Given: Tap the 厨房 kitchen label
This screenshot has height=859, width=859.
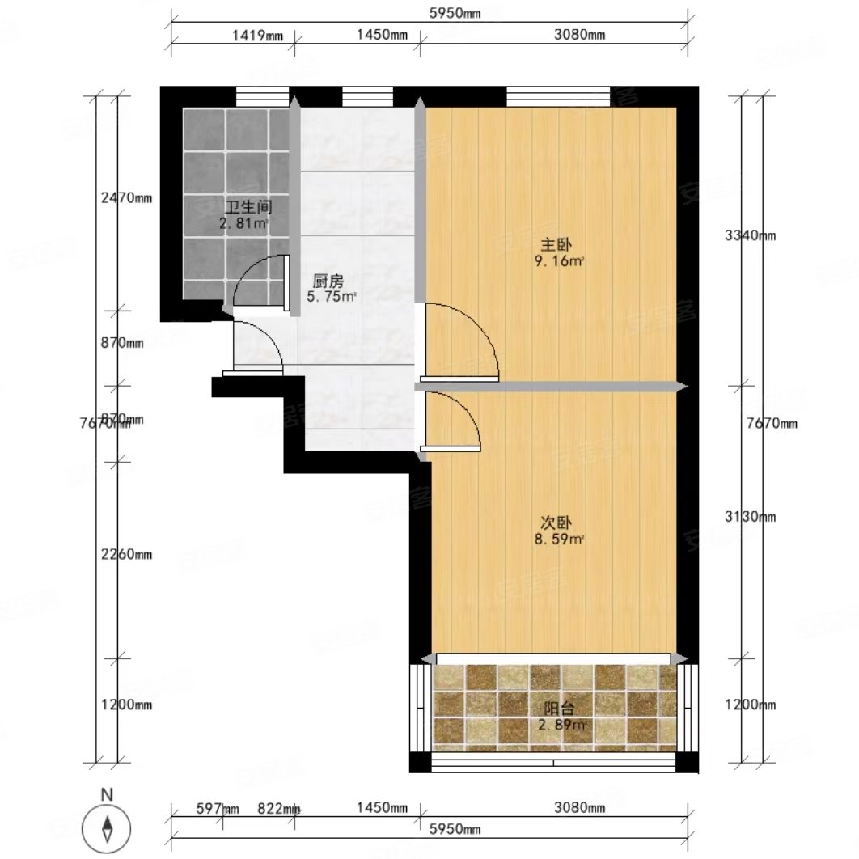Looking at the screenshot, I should tap(328, 281).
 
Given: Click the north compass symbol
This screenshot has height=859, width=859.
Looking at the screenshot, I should tap(107, 827).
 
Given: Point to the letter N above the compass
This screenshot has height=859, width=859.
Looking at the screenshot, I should tap(106, 796).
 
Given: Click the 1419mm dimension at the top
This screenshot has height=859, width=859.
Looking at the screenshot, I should tap(258, 34).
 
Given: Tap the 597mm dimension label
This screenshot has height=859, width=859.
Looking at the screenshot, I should tap(218, 808).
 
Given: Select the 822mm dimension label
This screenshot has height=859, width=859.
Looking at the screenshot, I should tap(279, 808).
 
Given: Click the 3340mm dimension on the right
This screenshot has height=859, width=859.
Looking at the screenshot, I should tap(750, 236).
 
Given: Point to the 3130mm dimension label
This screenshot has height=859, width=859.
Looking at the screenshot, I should tap(750, 517).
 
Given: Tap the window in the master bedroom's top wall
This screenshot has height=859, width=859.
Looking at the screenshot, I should tap(557, 96).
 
